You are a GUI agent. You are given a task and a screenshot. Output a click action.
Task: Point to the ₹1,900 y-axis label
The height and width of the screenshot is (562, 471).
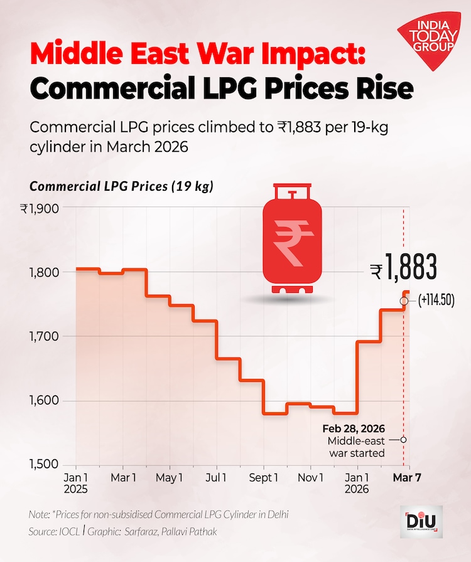tap(39, 208)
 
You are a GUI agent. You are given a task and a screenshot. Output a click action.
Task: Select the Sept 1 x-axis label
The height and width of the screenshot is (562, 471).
tap(264, 479)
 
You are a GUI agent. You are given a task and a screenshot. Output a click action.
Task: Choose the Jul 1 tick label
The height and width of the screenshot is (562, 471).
tap(217, 479)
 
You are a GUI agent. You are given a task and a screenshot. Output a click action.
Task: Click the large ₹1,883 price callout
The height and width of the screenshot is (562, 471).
tap(403, 269)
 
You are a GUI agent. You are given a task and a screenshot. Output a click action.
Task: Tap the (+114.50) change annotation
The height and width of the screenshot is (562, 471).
tap(436, 301)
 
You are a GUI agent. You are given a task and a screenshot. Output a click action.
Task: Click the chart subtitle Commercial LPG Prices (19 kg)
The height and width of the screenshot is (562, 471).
tap(121, 186)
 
